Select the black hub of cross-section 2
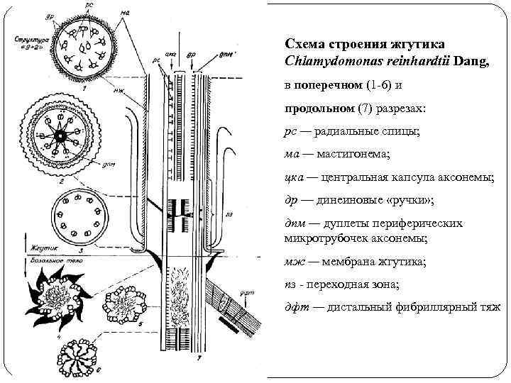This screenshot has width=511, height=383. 62,134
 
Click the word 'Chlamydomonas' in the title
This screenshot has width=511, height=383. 323,62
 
